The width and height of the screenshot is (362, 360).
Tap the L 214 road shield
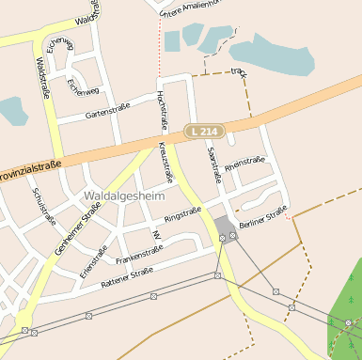[203, 133]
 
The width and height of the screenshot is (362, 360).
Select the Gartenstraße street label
[107, 110]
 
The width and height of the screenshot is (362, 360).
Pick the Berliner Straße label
[262, 220]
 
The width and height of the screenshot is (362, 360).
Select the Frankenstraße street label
[139, 253]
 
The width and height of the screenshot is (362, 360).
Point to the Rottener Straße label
[126, 275]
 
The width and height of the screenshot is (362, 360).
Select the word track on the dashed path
[238, 71]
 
